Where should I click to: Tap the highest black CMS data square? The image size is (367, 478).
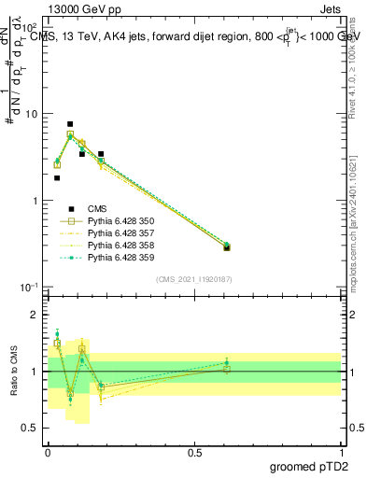70,124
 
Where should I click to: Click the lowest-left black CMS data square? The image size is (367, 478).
57,177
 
